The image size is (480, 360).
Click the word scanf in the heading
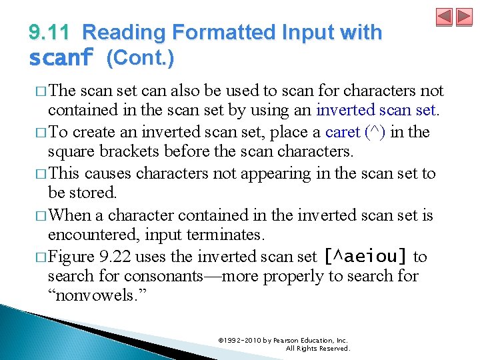[x=61, y=59]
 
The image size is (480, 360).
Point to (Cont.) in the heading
[x=140, y=59]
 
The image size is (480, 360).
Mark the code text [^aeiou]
[x=365, y=257]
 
